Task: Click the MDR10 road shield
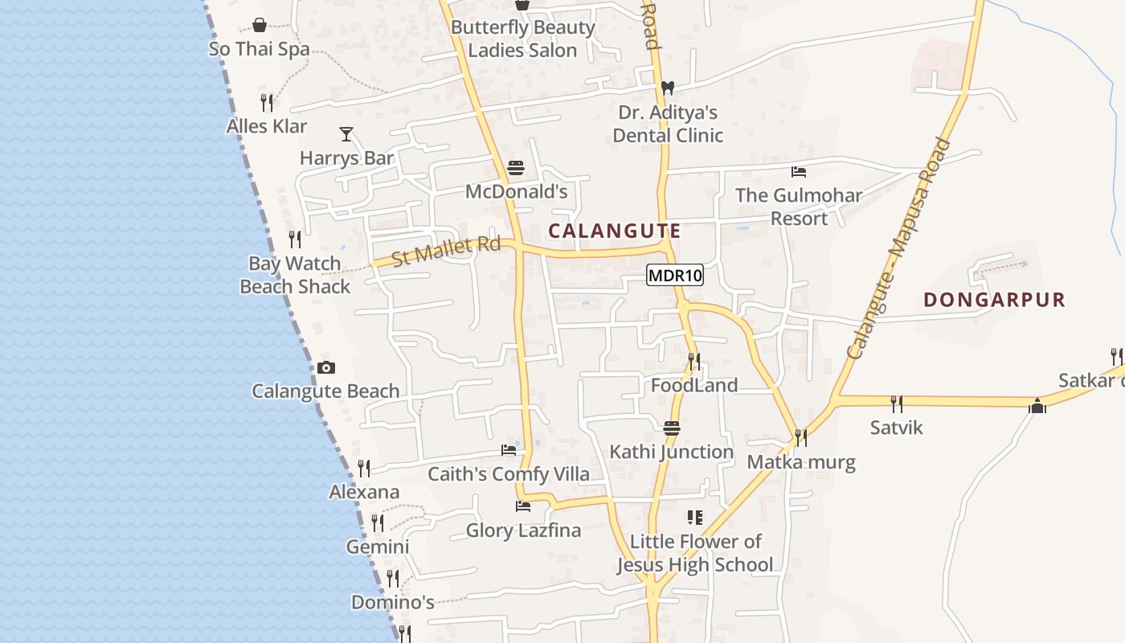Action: [x=675, y=276]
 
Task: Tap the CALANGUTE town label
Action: [x=615, y=231]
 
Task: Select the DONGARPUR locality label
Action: [x=994, y=300]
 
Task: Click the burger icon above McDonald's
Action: [x=516, y=169]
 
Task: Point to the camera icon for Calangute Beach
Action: [x=325, y=368]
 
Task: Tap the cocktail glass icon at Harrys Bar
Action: [x=346, y=134]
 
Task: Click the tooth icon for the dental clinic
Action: [x=667, y=88]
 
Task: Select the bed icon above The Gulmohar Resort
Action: [x=799, y=172]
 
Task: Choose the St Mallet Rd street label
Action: [x=446, y=251]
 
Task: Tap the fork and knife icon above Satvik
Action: [x=897, y=403]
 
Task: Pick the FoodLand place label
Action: [x=694, y=386]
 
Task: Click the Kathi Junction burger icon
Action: [x=672, y=428]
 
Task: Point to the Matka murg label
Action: [x=801, y=462]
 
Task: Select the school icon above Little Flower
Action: [x=695, y=518]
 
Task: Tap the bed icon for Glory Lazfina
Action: [x=523, y=506]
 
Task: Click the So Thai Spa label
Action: [x=259, y=49]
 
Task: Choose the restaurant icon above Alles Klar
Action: [x=267, y=103]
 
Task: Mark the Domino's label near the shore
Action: [x=393, y=602]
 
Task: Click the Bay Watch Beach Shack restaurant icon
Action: [x=295, y=240]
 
